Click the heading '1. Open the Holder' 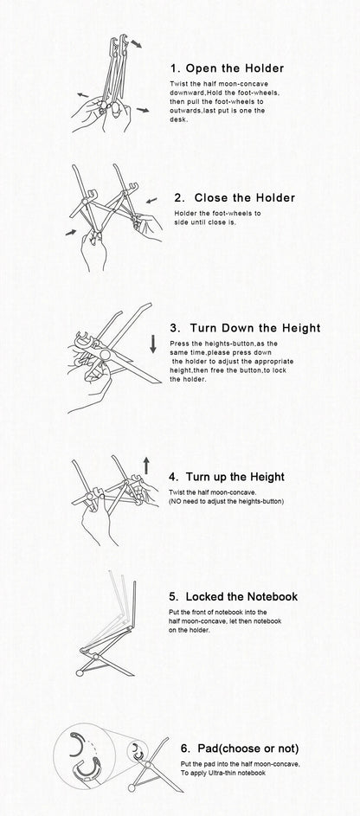point(227,68)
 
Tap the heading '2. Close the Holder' point(235,198)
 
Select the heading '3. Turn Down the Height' point(245,328)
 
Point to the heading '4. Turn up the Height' point(227,477)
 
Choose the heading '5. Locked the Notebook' point(233,596)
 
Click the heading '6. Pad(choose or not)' point(240,749)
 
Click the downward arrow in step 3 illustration point(153,344)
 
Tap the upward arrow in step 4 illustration point(146,466)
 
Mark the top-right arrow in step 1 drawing point(136,43)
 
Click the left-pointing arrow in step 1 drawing point(83,95)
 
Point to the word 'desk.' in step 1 point(177,119)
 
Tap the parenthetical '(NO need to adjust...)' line point(227,502)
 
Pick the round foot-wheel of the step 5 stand point(80,673)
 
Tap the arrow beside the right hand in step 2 point(151,200)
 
